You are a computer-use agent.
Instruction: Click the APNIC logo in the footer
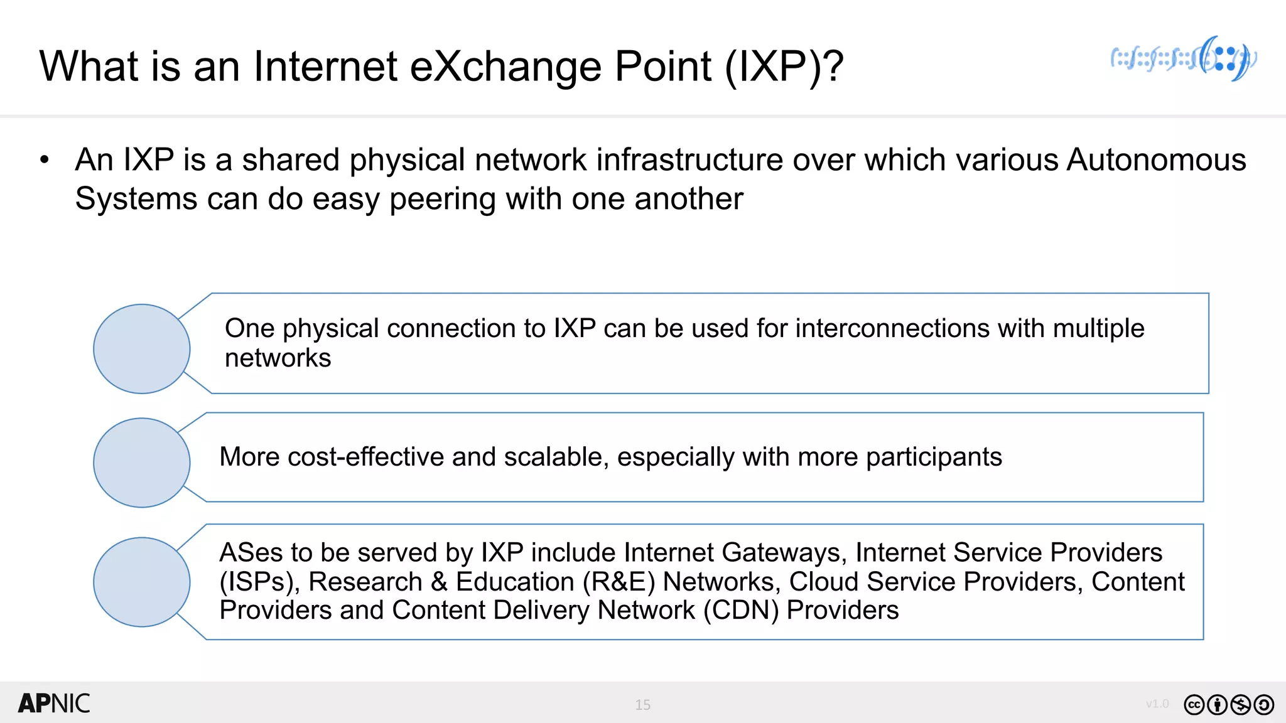tap(54, 704)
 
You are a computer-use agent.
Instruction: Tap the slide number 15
tap(642, 705)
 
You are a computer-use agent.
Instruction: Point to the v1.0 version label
tap(1157, 704)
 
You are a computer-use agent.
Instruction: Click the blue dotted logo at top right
tap(1184, 59)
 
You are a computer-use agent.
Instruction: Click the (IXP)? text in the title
tap(784, 66)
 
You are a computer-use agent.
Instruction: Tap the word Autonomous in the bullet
tap(1156, 159)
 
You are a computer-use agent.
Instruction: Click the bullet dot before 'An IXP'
tap(44, 160)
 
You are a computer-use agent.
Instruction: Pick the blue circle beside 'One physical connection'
tap(142, 349)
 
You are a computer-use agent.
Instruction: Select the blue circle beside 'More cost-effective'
tap(142, 463)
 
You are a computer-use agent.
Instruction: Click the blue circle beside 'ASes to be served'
tap(142, 582)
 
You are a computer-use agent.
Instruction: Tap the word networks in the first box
tap(278, 358)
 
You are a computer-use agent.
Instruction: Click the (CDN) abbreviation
tap(740, 610)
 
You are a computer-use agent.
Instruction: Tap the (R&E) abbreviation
tap(619, 582)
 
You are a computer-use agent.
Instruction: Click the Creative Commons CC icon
tap(1194, 705)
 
